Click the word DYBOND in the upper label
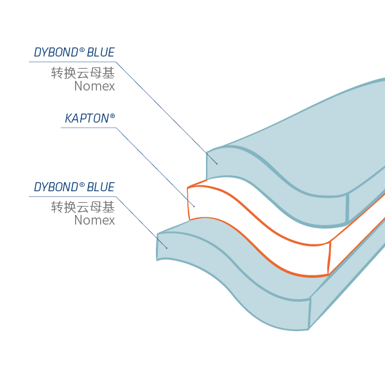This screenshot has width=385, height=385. point(56,53)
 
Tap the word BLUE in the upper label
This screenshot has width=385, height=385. point(101,53)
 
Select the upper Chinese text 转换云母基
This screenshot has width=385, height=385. point(83,73)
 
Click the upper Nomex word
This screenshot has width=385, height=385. point(94,86)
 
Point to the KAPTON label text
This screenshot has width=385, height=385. point(87,119)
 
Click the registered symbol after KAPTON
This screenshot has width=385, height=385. point(112,116)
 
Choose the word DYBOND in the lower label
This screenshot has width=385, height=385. point(56,187)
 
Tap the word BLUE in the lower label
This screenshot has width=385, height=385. point(101,187)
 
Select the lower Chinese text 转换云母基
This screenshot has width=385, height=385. point(83,207)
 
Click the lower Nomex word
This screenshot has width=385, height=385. point(94,221)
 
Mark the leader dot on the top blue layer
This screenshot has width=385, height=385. point(217,164)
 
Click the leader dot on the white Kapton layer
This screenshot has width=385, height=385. point(194,206)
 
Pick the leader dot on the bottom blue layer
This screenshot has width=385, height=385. point(167,248)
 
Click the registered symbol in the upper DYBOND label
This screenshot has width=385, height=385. point(82,50)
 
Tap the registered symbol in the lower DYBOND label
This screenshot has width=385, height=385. point(82,185)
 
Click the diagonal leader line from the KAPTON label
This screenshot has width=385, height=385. point(154,166)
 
